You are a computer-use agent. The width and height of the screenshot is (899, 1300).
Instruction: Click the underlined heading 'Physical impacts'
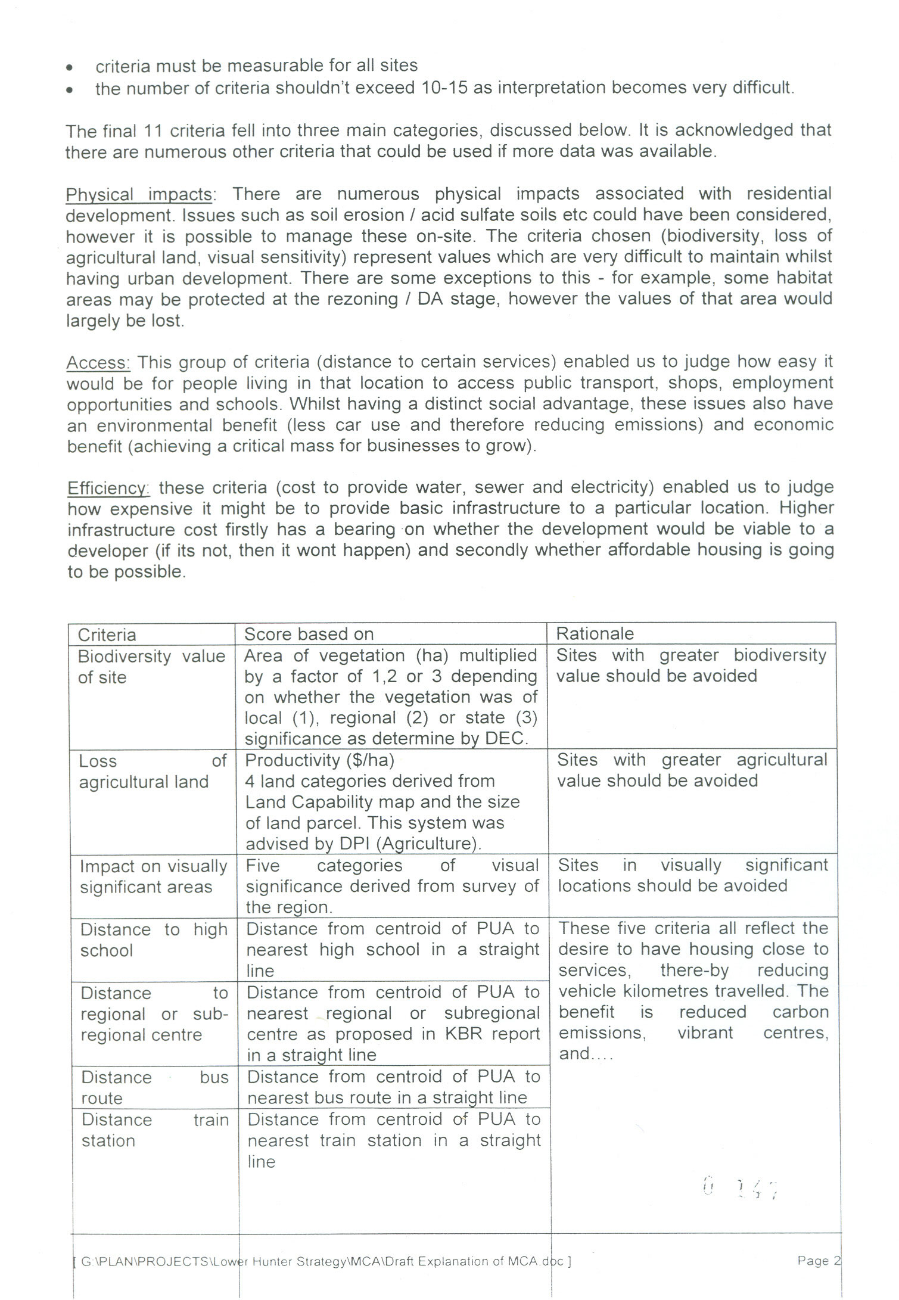click(x=139, y=195)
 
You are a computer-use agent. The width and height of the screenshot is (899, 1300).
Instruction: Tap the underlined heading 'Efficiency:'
click(x=108, y=488)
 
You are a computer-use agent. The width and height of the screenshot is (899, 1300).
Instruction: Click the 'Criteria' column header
click(x=107, y=635)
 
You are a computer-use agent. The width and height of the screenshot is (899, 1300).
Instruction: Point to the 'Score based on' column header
click(x=309, y=634)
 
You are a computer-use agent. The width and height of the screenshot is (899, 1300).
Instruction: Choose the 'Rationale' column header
click(x=595, y=633)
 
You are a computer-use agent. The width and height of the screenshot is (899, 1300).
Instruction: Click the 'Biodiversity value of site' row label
click(x=151, y=666)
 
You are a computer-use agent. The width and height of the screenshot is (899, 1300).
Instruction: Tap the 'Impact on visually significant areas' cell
click(x=153, y=876)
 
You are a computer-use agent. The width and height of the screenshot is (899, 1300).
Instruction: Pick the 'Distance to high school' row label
click(x=154, y=940)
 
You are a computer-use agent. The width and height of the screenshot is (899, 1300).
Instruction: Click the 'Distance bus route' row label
click(x=154, y=1087)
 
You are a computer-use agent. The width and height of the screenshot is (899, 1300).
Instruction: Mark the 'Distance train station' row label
click(x=154, y=1130)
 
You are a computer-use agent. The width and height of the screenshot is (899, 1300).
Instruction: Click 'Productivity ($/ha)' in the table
click(x=319, y=760)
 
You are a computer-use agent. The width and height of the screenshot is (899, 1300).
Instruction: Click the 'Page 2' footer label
click(x=819, y=1260)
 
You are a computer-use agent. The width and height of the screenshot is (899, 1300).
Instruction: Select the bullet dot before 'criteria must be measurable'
click(x=70, y=67)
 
